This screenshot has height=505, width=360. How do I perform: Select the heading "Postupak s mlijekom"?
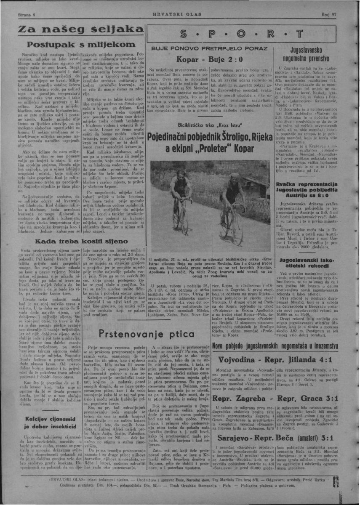(x=75, y=44)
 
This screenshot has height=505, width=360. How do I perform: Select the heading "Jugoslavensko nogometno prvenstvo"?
(x=316, y=53)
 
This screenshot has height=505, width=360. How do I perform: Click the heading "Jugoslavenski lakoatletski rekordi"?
(x=316, y=263)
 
